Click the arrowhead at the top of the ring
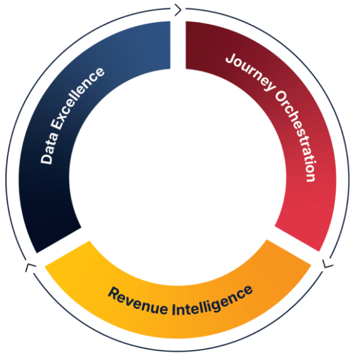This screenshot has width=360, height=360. pos(176,10)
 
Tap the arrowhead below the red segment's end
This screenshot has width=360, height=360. pos(326,263)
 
